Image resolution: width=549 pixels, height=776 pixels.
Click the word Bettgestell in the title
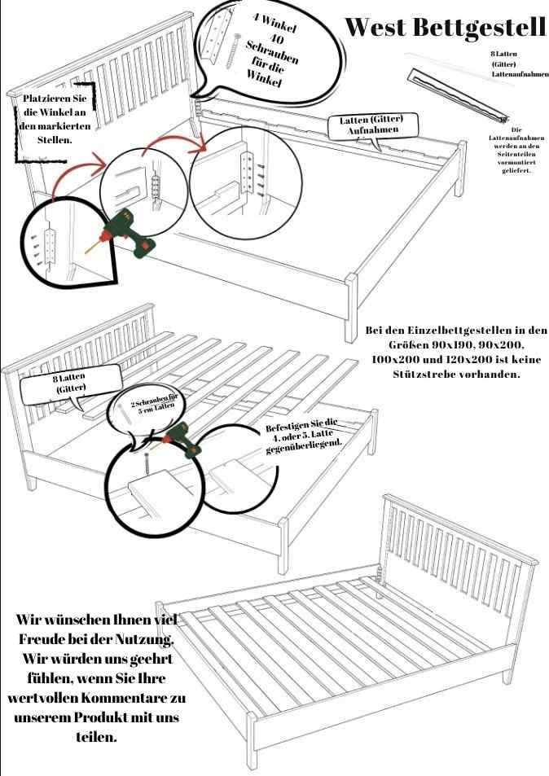pyautogui.click(x=479, y=28)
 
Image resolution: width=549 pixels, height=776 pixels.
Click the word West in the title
pyautogui.click(x=375, y=27)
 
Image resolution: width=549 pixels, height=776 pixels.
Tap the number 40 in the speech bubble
pyautogui.click(x=276, y=37)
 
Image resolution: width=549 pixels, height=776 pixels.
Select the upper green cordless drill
pyautogui.click(x=128, y=231)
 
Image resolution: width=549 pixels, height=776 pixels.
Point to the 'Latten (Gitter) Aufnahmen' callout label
pyautogui.click(x=373, y=125)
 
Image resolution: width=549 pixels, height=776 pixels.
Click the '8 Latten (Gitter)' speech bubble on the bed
pyautogui.click(x=71, y=384)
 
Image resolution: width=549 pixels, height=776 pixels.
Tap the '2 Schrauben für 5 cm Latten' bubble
pyautogui.click(x=152, y=408)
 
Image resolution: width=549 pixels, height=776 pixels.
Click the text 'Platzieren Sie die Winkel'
pyautogui.click(x=54, y=105)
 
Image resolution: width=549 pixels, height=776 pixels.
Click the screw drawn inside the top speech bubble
pyautogui.click(x=233, y=51)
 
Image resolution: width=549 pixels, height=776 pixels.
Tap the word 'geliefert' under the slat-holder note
pyautogui.click(x=516, y=170)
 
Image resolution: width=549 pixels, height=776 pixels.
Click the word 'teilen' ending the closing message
pyautogui.click(x=97, y=736)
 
